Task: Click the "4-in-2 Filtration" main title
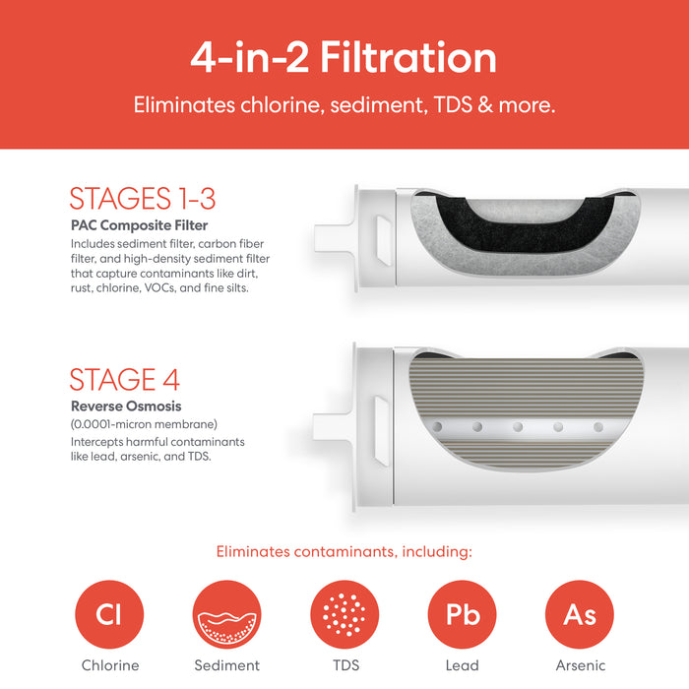click(344, 57)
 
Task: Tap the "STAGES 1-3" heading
click(143, 198)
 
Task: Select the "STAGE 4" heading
click(125, 379)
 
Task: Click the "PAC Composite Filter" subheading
click(140, 225)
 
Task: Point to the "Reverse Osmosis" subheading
click(126, 406)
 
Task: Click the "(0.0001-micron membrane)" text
click(144, 424)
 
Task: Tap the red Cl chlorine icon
click(109, 614)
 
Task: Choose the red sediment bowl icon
click(226, 614)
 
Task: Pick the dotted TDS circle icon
click(344, 614)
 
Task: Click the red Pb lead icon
click(463, 614)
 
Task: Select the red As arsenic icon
click(580, 614)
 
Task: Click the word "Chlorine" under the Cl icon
click(110, 665)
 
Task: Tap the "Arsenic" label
click(581, 665)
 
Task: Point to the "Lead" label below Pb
click(463, 665)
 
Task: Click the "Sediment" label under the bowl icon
click(227, 665)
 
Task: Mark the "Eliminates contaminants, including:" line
click(344, 551)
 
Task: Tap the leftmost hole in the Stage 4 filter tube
click(437, 426)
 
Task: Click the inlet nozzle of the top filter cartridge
click(334, 238)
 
